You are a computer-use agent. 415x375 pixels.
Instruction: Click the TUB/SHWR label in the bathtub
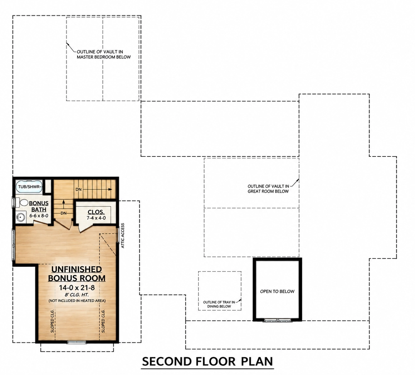coord(29,187)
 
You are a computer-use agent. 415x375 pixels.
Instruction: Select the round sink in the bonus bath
coord(21,217)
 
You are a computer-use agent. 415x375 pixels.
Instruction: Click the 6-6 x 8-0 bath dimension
coord(39,216)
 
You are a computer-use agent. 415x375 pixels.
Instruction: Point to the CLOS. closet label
coord(96,212)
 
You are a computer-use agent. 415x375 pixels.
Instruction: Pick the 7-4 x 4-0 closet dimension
coord(96,218)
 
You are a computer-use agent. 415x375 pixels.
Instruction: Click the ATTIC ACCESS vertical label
coord(123,236)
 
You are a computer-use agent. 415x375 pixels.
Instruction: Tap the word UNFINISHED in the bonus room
coord(76,270)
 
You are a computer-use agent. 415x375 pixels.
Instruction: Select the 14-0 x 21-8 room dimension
coord(77,287)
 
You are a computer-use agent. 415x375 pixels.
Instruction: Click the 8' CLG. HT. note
coord(77,295)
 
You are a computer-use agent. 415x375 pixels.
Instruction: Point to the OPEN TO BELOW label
coord(277,292)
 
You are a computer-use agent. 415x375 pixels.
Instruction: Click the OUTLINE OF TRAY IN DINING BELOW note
coord(219,304)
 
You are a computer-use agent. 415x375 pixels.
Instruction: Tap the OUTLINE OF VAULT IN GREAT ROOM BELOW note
coord(268,189)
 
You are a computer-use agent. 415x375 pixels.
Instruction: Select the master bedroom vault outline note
coord(104,54)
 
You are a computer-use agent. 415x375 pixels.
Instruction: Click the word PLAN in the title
coord(257,361)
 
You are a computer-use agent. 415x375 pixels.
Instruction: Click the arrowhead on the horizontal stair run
coord(110,189)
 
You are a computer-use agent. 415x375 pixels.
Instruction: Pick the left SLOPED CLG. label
coord(52,321)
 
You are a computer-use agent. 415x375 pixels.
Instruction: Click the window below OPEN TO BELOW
coord(277,321)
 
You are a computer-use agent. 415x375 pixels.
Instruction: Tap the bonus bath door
coord(42,222)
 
